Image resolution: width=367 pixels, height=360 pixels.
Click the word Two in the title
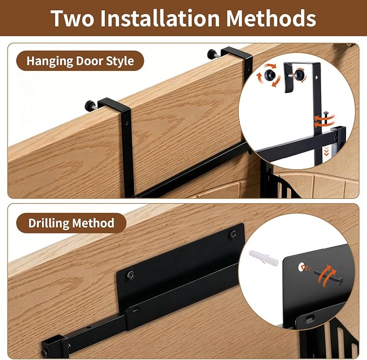[72, 18]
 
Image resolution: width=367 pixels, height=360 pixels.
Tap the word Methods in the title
[271, 18]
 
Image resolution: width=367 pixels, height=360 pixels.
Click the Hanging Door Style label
[80, 61]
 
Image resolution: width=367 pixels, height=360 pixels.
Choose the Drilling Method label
[71, 223]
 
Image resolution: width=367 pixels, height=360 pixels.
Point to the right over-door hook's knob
[212, 54]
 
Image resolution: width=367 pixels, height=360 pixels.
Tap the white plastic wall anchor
[263, 258]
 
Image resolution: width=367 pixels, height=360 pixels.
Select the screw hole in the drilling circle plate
[301, 266]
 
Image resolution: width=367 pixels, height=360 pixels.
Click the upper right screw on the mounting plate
[233, 234]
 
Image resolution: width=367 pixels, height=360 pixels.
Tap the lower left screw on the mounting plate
[131, 276]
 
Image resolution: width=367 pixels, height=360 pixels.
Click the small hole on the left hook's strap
[127, 123]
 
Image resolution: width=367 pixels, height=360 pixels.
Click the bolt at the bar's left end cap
[45, 353]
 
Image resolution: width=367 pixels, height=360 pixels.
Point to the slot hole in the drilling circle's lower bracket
[309, 318]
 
